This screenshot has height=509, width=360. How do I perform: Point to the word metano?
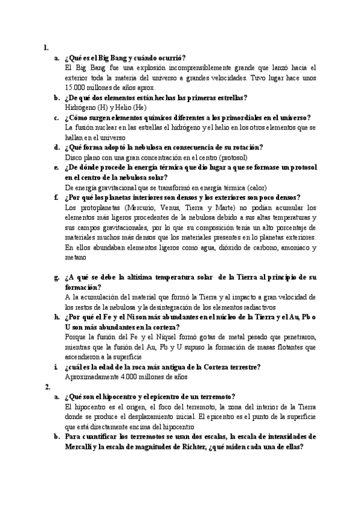(x=76, y=256)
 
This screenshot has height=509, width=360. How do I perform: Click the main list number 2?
(x=47, y=387)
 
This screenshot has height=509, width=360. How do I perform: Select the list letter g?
(x=56, y=277)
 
